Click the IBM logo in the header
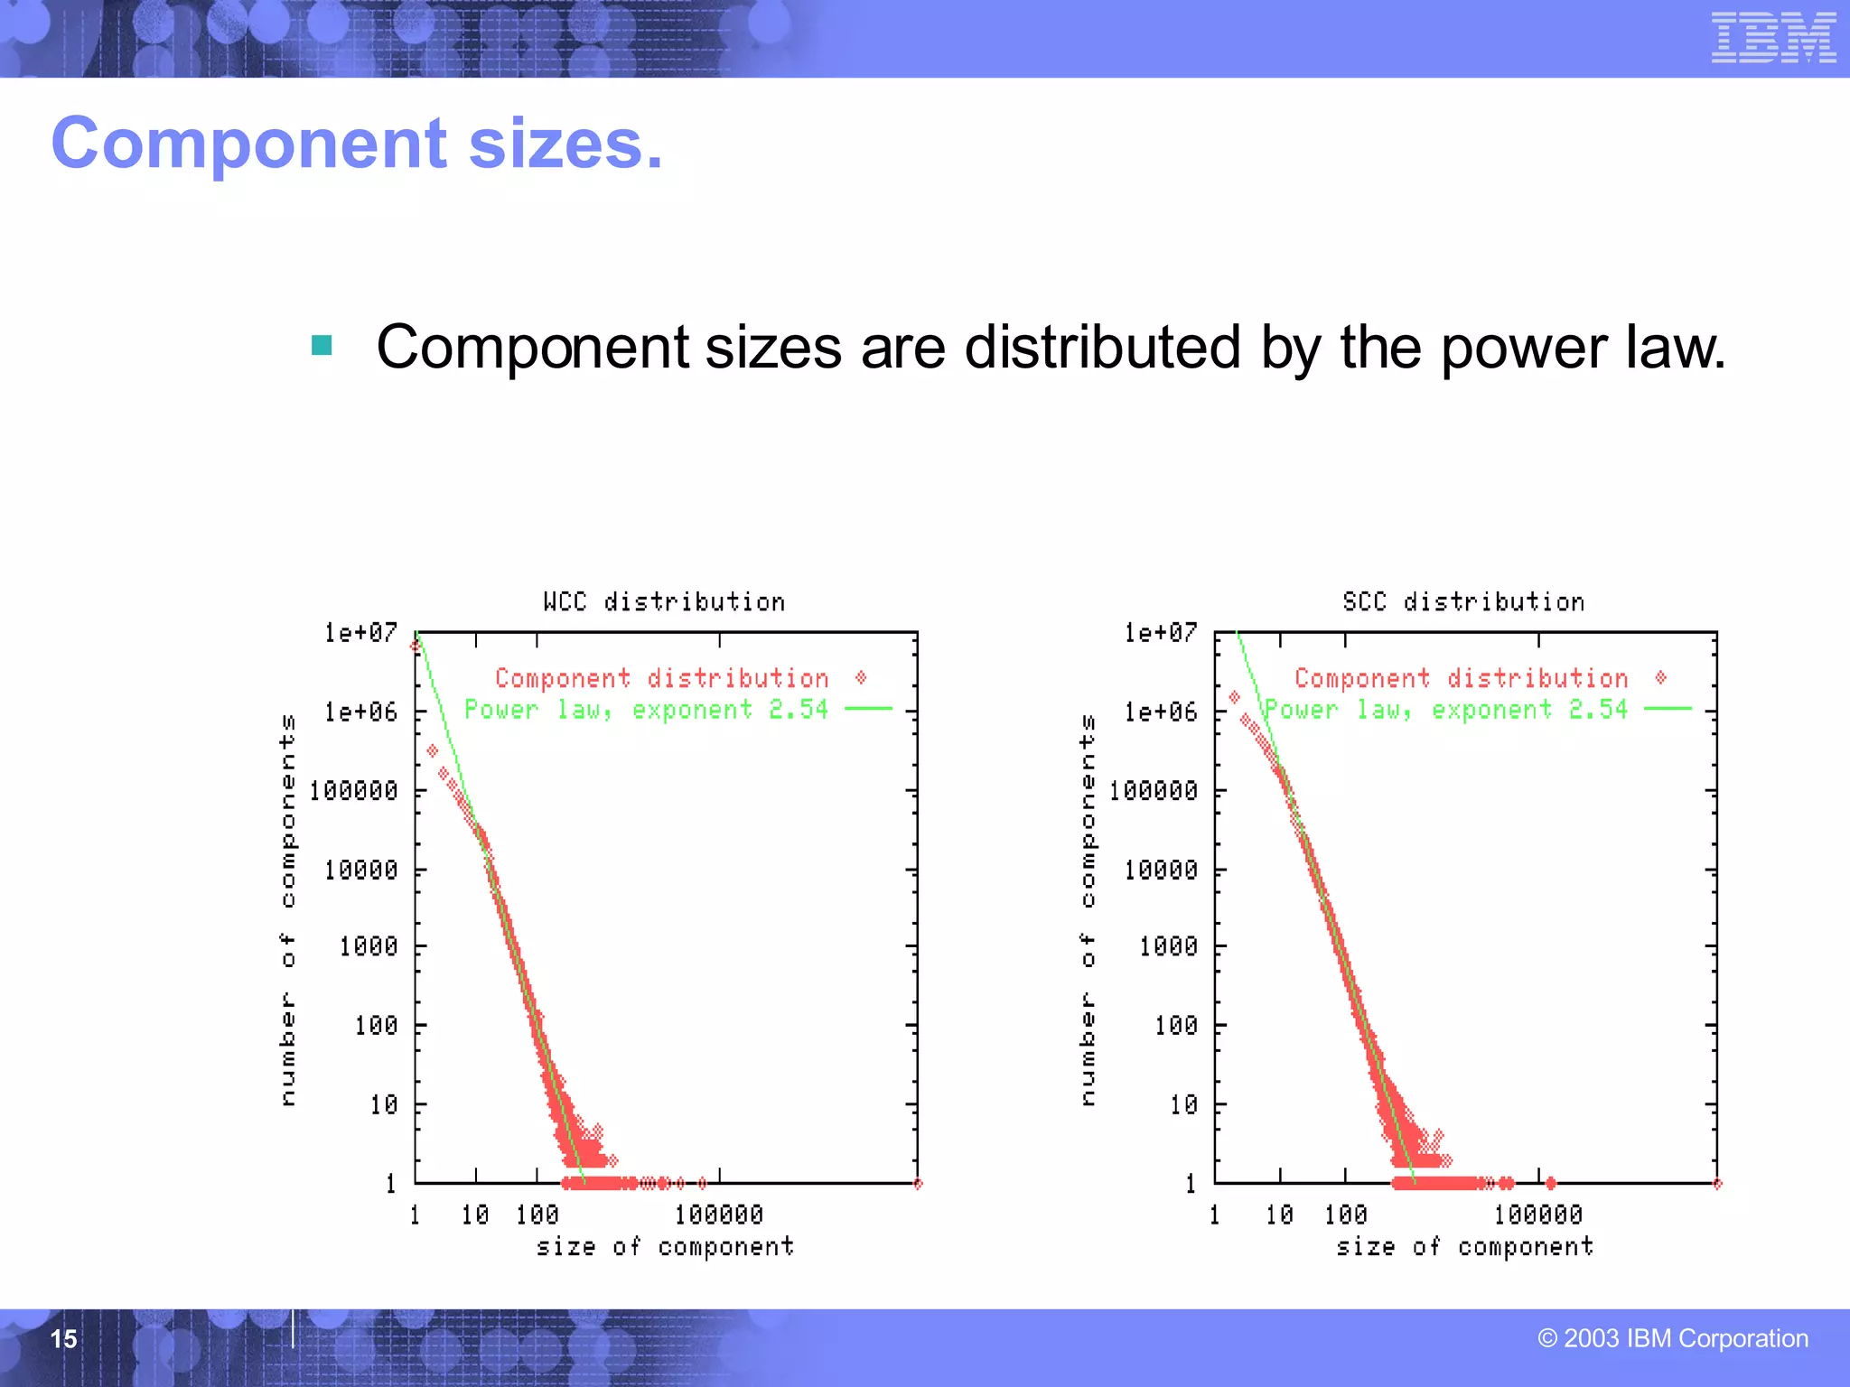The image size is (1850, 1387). coord(1773,38)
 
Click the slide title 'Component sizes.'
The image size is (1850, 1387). coord(357,144)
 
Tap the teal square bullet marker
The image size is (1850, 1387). coord(322,345)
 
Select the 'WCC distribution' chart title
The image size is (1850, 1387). coord(664,601)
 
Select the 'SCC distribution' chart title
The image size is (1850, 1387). coord(1463,601)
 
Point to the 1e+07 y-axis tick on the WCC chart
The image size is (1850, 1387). coord(361,632)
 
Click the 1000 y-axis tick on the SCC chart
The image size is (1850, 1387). coord(1168,946)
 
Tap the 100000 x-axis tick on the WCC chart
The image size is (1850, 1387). coord(719,1215)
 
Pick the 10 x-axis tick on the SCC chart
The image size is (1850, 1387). coord(1279,1215)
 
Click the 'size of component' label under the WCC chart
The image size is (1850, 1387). coord(665,1247)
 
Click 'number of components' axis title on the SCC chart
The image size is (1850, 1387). coord(1089,909)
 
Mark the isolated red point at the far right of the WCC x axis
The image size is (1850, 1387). coord(918,1184)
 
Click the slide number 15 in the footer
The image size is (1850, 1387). coord(63,1338)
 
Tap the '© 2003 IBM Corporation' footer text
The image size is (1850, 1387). coord(1673,1338)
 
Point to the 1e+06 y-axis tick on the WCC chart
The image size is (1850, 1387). coord(361,712)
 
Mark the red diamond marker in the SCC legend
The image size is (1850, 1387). coord(1660,677)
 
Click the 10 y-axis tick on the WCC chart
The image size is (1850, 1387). coord(383,1104)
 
